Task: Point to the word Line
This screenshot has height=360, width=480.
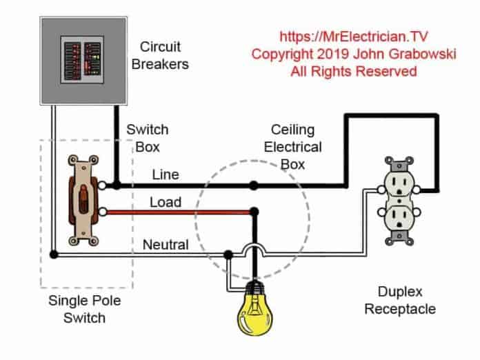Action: pos(165,175)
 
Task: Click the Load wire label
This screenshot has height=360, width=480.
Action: pos(166,202)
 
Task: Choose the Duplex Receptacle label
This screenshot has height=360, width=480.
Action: pos(400,300)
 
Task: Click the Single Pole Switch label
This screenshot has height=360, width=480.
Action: pos(77,309)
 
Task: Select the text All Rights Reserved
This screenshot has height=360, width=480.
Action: pos(354,71)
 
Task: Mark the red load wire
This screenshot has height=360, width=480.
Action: pos(179,212)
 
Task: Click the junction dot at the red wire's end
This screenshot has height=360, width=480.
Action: pos(254,212)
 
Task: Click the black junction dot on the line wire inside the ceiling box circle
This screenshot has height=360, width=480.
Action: pos(254,185)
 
